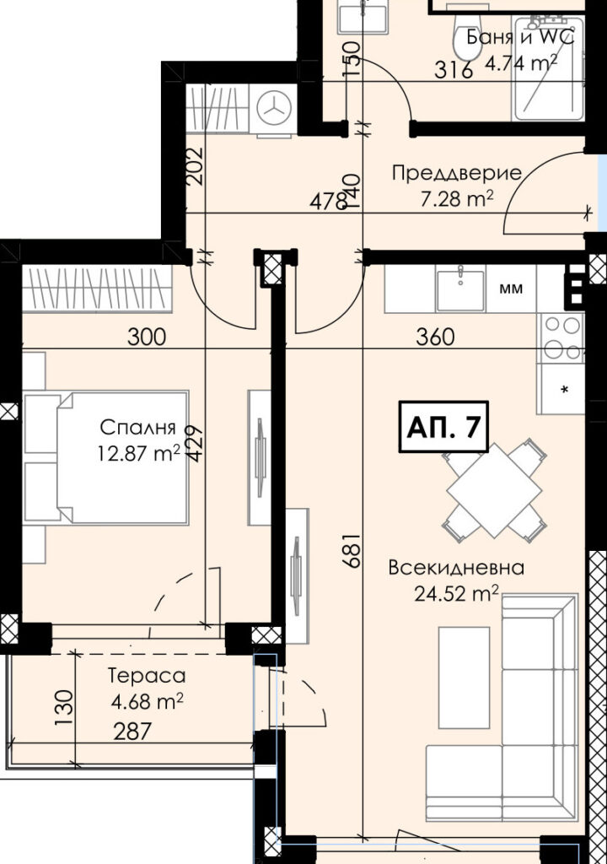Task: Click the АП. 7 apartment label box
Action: (443, 426)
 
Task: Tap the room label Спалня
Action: (137, 426)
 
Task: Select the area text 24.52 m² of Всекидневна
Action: (457, 593)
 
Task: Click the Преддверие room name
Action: (457, 173)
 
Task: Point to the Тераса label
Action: (147, 676)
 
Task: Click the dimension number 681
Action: (352, 549)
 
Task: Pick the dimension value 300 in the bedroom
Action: (147, 336)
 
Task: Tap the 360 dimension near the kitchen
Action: (435, 337)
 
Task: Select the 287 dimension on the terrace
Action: (132, 732)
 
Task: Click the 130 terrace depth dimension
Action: (64, 708)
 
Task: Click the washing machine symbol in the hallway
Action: (274, 108)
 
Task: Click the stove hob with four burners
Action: (561, 338)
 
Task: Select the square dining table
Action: (494, 490)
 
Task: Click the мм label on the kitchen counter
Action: (511, 289)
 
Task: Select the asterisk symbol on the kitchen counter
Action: (565, 390)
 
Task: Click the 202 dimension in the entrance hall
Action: (195, 165)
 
